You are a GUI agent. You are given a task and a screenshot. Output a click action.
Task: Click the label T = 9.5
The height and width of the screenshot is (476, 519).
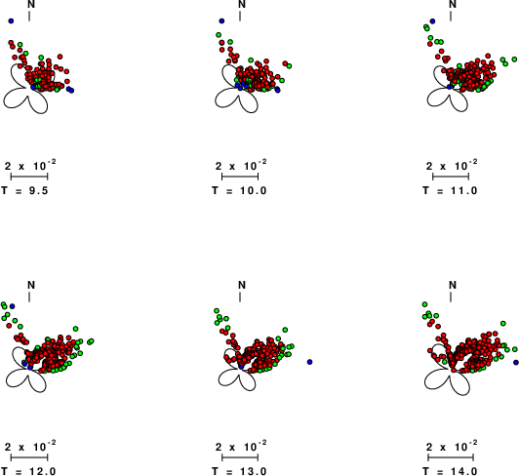(24, 190)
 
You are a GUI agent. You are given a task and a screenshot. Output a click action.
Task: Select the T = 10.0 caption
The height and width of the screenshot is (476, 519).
(239, 190)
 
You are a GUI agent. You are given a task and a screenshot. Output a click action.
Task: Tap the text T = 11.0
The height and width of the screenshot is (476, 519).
(450, 190)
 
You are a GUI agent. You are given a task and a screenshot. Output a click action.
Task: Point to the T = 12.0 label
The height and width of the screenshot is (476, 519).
(28, 471)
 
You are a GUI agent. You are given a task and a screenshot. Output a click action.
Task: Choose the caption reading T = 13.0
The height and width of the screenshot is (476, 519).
(239, 471)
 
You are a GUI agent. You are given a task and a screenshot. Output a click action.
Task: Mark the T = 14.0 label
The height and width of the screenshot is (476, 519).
(450, 471)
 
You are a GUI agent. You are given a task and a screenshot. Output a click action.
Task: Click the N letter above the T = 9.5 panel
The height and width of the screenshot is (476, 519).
(31, 4)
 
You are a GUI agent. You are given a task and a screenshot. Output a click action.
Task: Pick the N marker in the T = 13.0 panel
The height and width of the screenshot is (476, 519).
(242, 285)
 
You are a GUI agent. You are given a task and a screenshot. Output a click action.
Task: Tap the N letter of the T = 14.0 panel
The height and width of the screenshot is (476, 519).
(453, 285)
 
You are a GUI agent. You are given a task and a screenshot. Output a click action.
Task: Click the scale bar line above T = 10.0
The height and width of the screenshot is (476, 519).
(240, 177)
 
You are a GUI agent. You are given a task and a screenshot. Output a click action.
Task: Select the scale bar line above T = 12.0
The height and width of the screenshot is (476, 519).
(29, 457)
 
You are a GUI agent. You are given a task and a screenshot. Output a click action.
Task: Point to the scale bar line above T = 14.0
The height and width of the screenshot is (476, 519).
(451, 457)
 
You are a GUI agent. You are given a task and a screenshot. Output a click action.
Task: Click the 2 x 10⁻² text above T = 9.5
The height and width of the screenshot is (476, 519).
(30, 165)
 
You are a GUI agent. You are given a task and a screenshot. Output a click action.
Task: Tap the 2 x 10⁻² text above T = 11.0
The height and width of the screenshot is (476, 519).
(452, 165)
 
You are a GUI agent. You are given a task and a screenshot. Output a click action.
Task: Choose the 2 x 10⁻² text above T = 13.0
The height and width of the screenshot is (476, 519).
(241, 446)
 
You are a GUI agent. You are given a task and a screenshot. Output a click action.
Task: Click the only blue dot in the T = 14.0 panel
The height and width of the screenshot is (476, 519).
(516, 363)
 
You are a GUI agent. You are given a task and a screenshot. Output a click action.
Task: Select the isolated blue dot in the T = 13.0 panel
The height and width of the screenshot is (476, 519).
(309, 362)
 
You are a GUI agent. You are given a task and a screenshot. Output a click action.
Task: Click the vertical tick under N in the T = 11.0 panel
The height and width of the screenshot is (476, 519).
(451, 17)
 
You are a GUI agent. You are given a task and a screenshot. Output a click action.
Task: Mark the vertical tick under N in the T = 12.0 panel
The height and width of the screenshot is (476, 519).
(29, 297)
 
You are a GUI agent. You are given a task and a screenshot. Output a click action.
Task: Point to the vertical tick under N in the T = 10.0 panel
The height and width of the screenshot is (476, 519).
(240, 17)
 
